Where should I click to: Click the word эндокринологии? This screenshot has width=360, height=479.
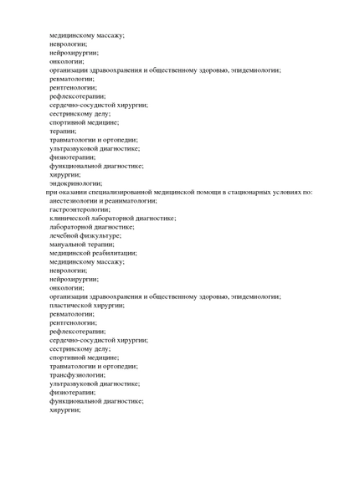[x=75, y=183]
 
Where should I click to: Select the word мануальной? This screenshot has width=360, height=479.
[x=70, y=244]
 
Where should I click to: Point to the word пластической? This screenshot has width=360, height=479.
[x=72, y=305]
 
